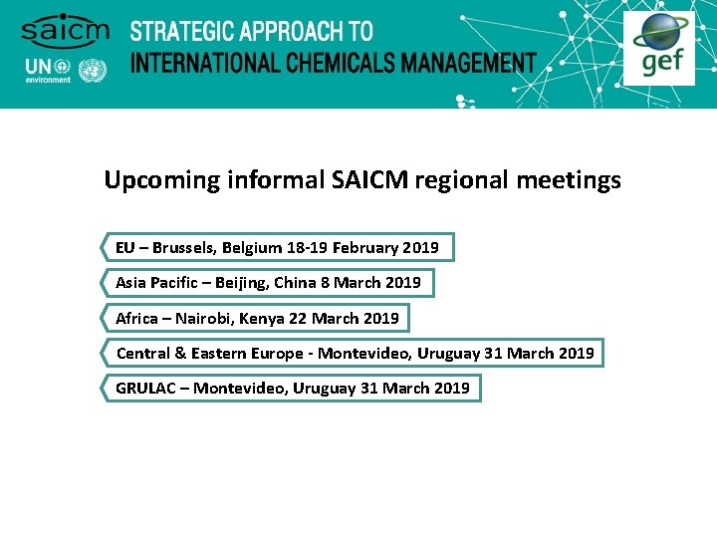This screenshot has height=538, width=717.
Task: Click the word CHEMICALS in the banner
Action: (x=334, y=63)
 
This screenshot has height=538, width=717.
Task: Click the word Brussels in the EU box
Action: (x=183, y=247)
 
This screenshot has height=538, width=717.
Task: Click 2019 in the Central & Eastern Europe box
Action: (x=577, y=353)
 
